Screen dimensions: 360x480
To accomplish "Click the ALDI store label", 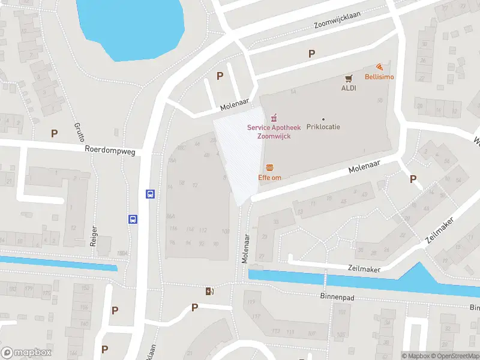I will pos(349,88).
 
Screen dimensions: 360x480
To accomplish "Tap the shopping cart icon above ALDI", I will pos(349,78).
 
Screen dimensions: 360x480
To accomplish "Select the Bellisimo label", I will pos(379,77).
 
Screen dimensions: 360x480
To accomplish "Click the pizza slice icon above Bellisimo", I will pos(379,67).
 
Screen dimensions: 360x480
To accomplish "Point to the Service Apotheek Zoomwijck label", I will pos(274,132).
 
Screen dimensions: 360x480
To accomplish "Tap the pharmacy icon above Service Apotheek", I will pos(274,117).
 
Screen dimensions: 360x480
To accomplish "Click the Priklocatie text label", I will pos(323,128).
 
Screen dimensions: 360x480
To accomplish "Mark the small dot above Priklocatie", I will pos(323,119).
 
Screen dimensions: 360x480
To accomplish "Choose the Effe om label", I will pos(269,178).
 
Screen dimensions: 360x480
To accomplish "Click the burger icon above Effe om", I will pos(269,167).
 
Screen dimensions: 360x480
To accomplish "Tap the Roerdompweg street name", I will pos(110,151).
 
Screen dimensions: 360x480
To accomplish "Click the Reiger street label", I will pos(93,236).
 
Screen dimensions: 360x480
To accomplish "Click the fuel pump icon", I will pos(209,292).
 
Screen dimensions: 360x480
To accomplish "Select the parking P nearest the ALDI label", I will pos(311,54).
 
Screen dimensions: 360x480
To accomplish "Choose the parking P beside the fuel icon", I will pos(194,307).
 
